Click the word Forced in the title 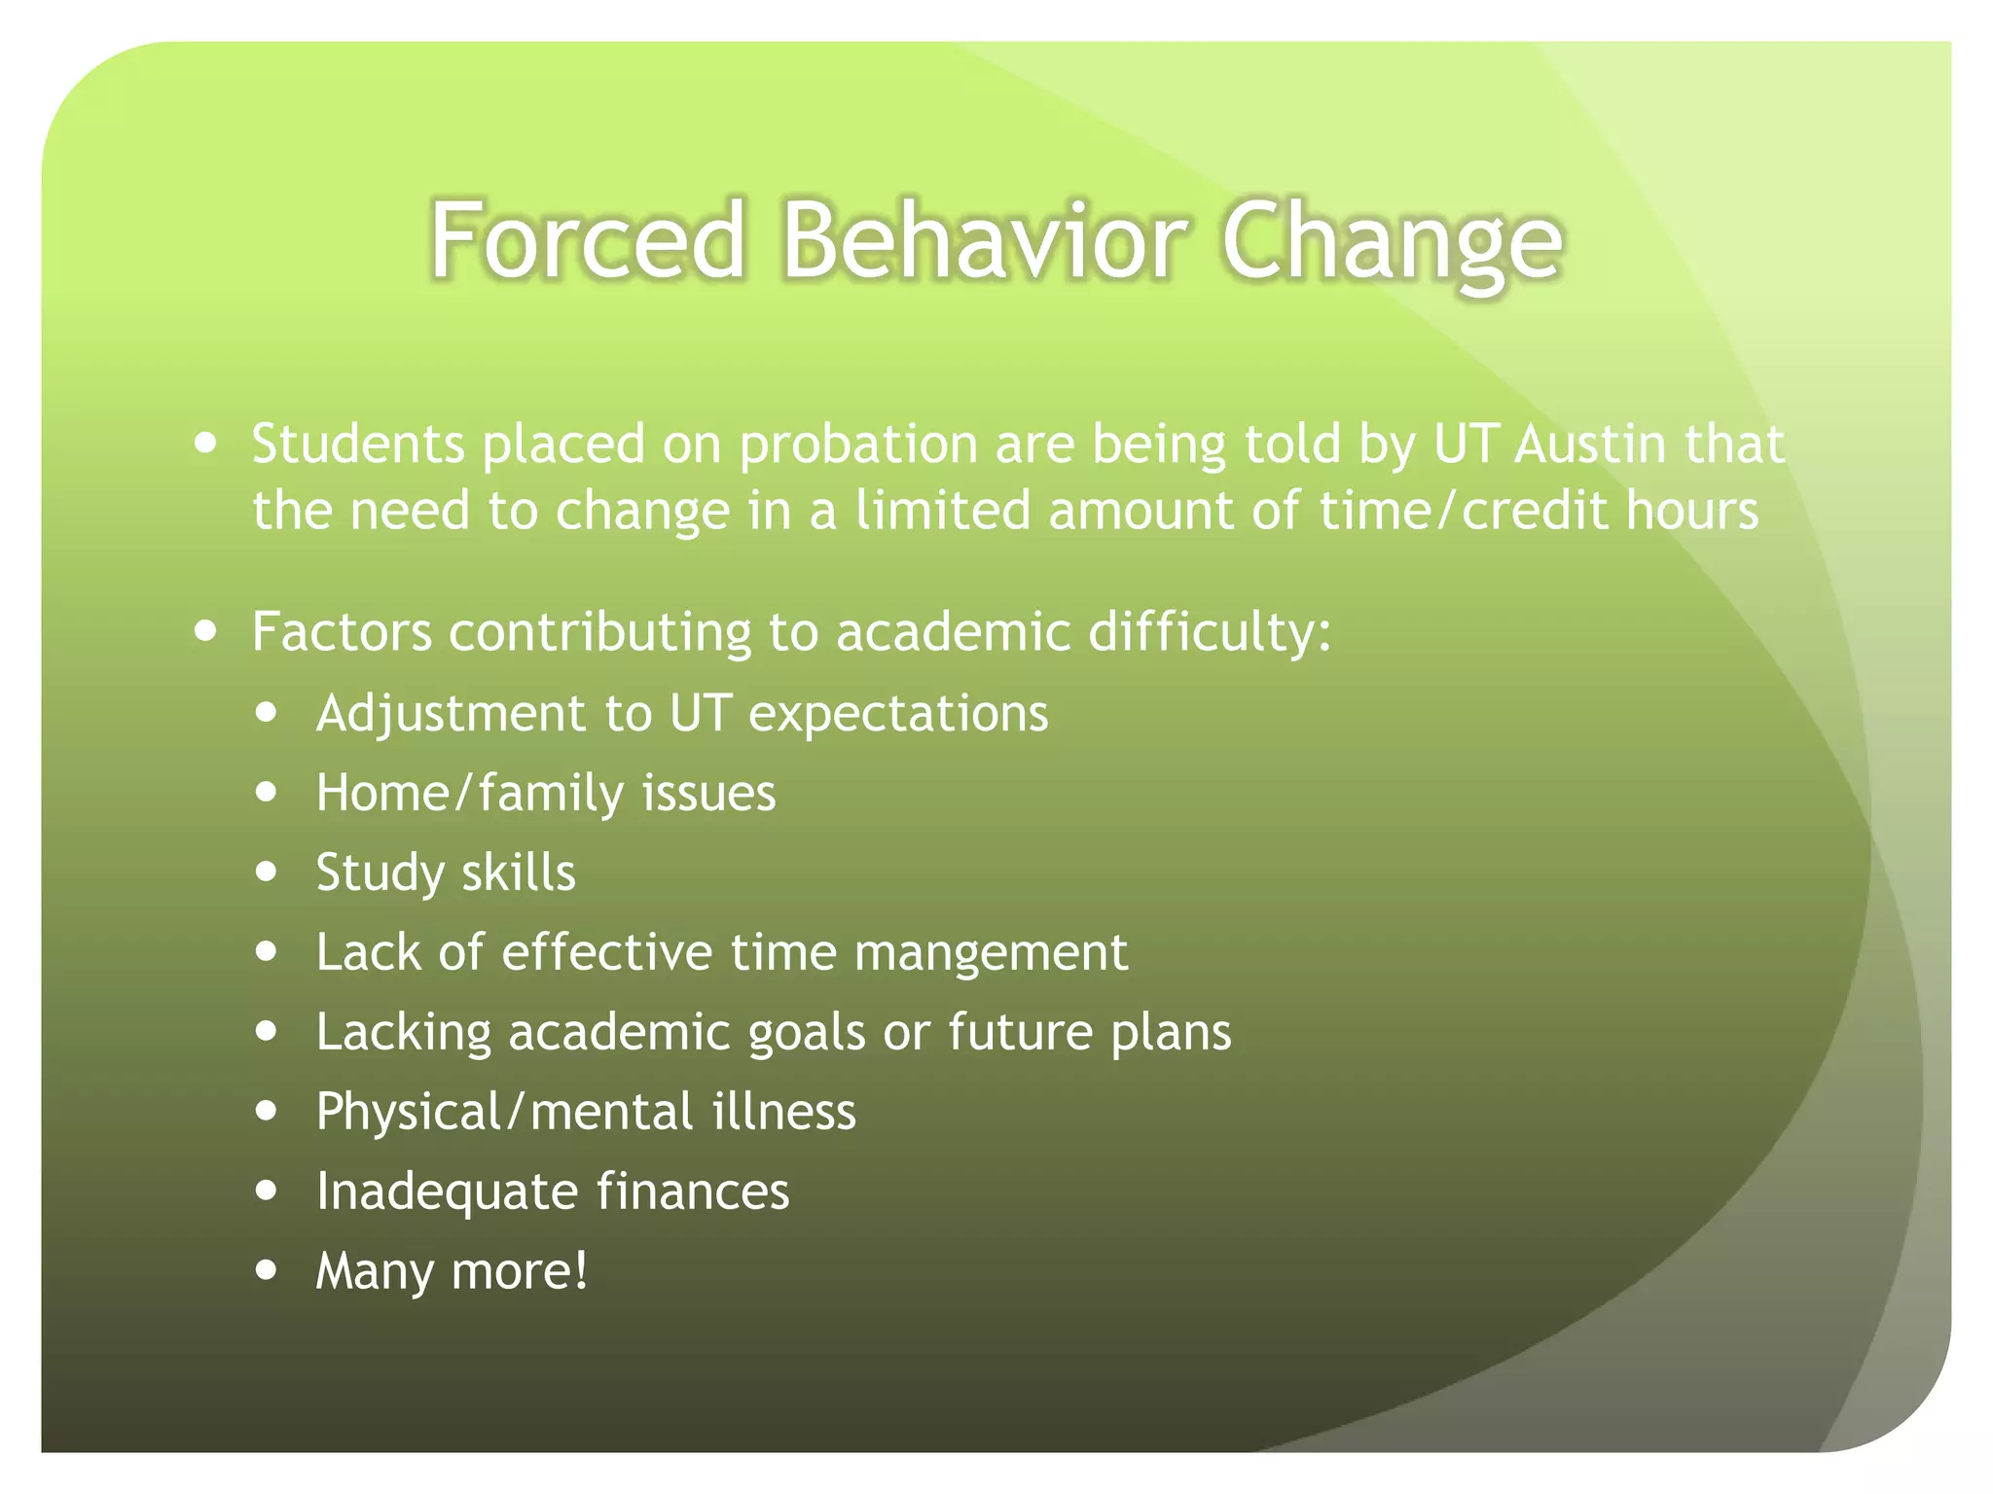(x=588, y=239)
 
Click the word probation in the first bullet (x=857, y=446)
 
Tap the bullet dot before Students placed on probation (x=205, y=444)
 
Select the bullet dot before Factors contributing (x=205, y=630)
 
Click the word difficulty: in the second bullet (x=1209, y=633)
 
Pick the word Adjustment (x=451, y=715)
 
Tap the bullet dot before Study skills (x=267, y=871)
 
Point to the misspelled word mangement (x=991, y=953)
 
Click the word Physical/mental (x=504, y=1112)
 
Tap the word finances (x=693, y=1192)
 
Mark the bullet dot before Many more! (x=267, y=1269)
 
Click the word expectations (x=898, y=715)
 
